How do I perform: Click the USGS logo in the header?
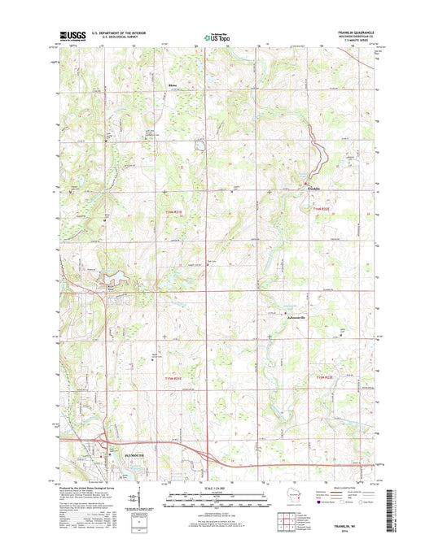coord(71,36)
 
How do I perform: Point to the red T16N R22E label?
coord(321,209)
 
